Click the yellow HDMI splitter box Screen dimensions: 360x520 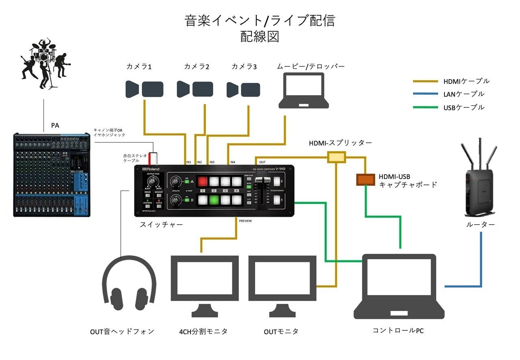[336, 157]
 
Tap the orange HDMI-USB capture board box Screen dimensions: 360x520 [366, 179]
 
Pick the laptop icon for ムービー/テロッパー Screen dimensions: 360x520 [304, 91]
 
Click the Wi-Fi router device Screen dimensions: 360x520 [480, 181]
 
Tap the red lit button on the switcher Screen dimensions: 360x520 [203, 181]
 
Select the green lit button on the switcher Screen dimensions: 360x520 [214, 200]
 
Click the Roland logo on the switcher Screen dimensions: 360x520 [151, 169]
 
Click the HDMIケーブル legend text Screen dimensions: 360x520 [466, 81]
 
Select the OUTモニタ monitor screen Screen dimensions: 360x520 [282, 278]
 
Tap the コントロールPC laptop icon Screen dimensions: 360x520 [399, 286]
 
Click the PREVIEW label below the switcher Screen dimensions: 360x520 [245, 221]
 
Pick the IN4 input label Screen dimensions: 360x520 [232, 162]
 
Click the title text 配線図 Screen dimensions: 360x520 [260, 37]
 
